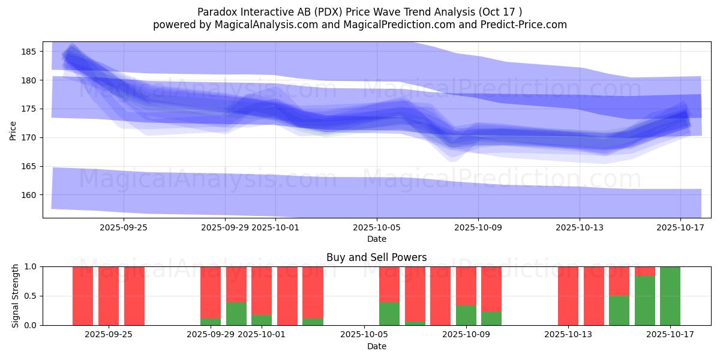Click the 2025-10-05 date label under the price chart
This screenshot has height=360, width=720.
click(x=377, y=227)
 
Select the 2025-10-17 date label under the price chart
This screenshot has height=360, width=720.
click(x=680, y=227)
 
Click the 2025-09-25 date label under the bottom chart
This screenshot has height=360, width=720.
click(x=109, y=335)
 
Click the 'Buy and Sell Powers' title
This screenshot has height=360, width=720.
click(x=376, y=257)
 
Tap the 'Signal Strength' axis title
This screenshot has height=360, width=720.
click(x=15, y=296)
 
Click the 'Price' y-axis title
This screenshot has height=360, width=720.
click(x=13, y=130)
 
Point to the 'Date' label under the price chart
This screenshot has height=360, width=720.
click(x=376, y=239)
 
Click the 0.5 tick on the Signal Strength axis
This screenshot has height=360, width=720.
click(x=31, y=296)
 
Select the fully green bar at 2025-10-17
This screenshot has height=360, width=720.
click(x=670, y=296)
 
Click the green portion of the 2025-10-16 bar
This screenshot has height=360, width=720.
click(x=645, y=301)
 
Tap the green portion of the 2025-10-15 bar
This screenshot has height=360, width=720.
click(x=619, y=311)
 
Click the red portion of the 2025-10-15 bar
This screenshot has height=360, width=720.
click(x=619, y=281)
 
